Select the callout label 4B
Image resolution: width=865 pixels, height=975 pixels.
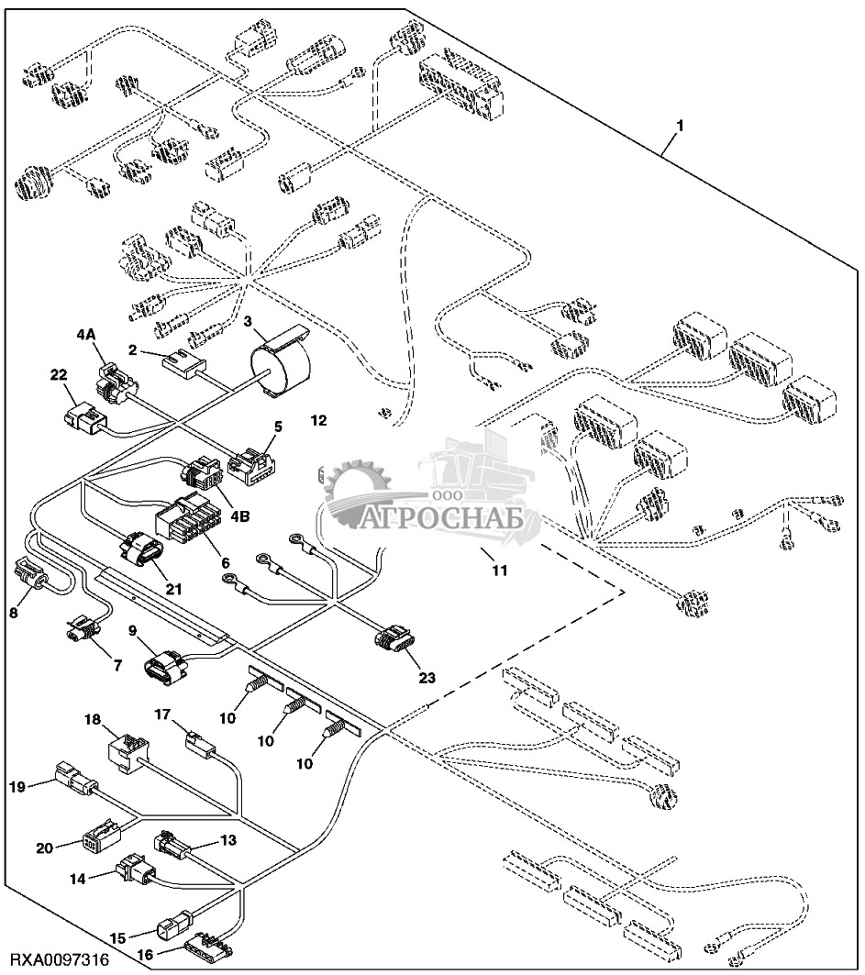coord(240,515)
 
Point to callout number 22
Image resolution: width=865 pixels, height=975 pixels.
coord(59,374)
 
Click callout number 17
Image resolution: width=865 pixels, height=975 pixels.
coord(161,713)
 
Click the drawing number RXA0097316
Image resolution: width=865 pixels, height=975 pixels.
coord(56,961)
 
